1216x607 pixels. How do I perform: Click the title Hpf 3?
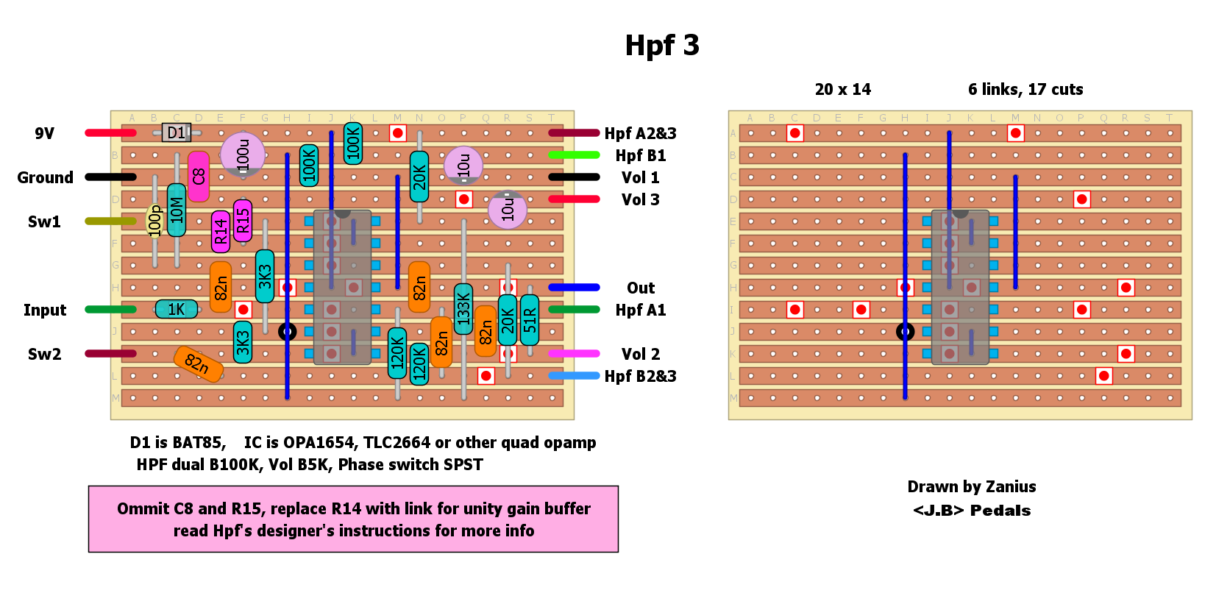pyautogui.click(x=661, y=46)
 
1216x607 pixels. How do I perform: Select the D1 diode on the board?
pyautogui.click(x=177, y=132)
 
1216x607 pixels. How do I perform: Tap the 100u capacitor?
pyautogui.click(x=243, y=155)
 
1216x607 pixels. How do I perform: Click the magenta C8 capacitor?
pyautogui.click(x=198, y=177)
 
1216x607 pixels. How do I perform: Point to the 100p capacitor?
pyautogui.click(x=154, y=221)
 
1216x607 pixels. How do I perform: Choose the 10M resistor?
pyautogui.click(x=177, y=210)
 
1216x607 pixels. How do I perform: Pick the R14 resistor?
pyautogui.click(x=221, y=232)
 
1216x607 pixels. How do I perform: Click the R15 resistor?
pyautogui.click(x=243, y=221)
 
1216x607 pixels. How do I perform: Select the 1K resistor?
pyautogui.click(x=177, y=309)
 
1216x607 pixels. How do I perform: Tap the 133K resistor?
pyautogui.click(x=463, y=309)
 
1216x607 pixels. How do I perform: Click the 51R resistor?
pyautogui.click(x=530, y=320)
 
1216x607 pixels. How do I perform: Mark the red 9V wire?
pyautogui.click(x=110, y=133)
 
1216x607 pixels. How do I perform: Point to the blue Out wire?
pyautogui.click(x=574, y=288)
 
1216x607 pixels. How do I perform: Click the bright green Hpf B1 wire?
pyautogui.click(x=574, y=155)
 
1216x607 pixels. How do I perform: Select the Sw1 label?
pyautogui.click(x=44, y=221)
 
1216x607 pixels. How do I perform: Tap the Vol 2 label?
pyautogui.click(x=640, y=354)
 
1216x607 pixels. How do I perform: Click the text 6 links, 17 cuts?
pyautogui.click(x=1025, y=90)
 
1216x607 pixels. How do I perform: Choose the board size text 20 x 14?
pyautogui.click(x=842, y=90)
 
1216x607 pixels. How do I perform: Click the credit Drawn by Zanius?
pyautogui.click(x=971, y=486)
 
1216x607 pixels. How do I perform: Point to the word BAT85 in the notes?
pyautogui.click(x=202, y=442)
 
